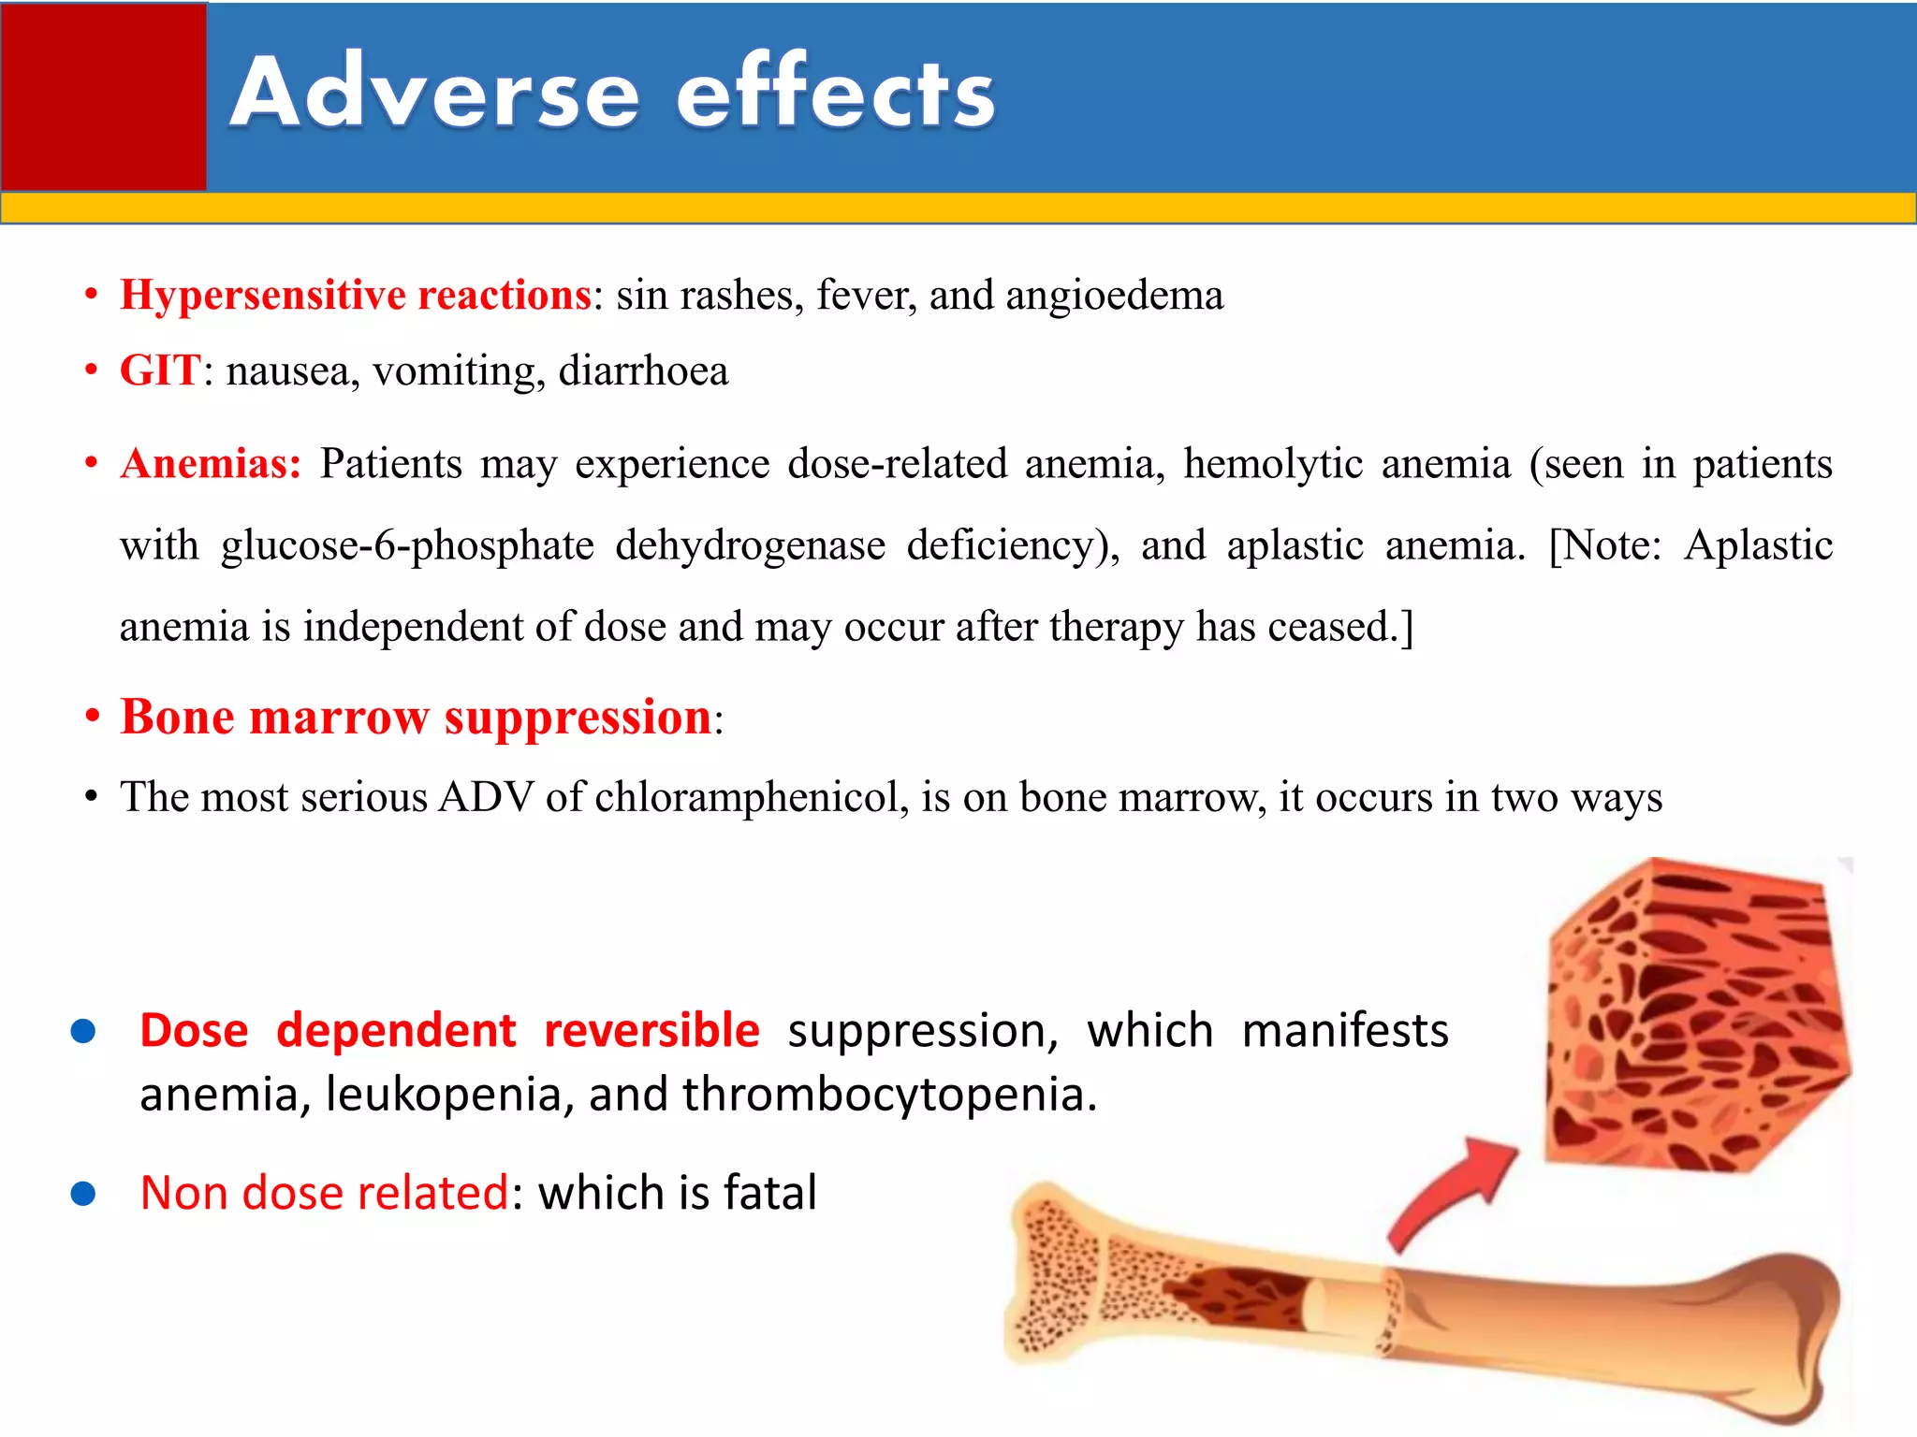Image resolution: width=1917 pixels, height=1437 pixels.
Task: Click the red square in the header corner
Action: pos(103,96)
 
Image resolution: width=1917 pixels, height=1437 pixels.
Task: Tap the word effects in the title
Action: pos(836,94)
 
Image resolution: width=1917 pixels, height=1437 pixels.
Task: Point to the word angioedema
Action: pos(1114,296)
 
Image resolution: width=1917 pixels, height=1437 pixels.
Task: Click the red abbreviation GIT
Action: pos(159,371)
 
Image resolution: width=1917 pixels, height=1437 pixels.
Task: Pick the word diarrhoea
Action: pos(643,371)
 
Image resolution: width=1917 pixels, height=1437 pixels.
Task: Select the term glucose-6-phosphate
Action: pos(407,545)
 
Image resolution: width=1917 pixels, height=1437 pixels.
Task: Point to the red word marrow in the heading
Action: pos(339,718)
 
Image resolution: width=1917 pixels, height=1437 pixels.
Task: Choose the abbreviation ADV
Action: pos(486,798)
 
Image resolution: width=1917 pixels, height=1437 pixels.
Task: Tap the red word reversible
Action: pos(651,1031)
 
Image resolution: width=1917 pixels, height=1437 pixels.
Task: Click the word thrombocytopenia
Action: pos(889,1095)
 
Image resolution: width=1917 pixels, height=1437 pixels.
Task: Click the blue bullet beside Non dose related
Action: pos(83,1194)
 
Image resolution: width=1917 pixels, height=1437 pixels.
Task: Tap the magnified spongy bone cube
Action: pos(1694,1015)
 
